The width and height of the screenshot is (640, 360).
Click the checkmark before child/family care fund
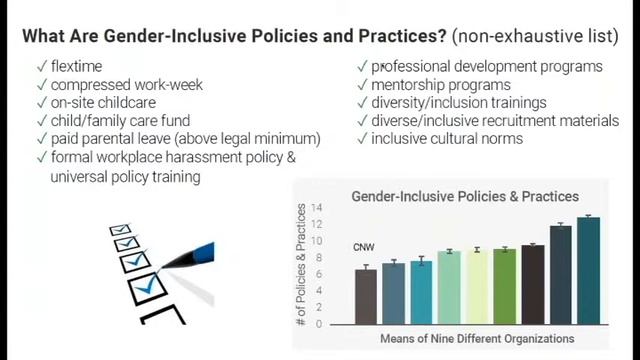point(41,120)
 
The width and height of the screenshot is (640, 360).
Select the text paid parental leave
point(115,138)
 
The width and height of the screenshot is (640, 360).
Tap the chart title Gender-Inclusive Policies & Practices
point(465,197)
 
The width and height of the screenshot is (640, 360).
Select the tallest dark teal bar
point(588,270)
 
